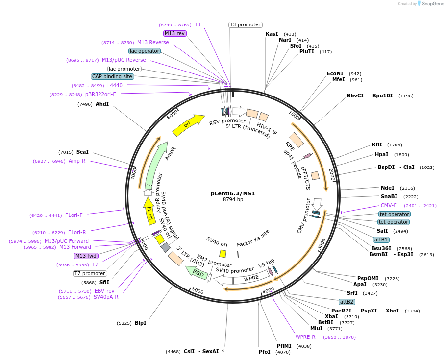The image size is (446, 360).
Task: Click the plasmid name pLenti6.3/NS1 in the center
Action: click(233, 193)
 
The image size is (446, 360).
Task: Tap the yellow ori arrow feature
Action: click(189, 125)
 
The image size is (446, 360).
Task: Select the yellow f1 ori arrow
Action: click(149, 211)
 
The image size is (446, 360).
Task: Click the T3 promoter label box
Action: click(246, 24)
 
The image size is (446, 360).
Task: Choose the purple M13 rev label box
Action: click(175, 33)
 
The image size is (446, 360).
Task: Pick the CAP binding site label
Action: click(112, 76)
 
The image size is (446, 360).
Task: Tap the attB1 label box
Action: click(381, 240)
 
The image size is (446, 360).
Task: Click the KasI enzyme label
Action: click(272, 34)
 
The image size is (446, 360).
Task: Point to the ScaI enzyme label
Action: click(82, 152)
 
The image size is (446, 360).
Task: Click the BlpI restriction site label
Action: click(141, 323)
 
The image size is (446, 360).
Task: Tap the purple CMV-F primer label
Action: click(389, 206)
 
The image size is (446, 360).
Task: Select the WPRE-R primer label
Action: click(305, 337)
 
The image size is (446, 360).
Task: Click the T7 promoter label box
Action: click(90, 273)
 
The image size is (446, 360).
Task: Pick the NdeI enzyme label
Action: click(387, 188)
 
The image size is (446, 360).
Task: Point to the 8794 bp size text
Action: click(233, 200)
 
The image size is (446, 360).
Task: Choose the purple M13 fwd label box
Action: click(86, 256)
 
